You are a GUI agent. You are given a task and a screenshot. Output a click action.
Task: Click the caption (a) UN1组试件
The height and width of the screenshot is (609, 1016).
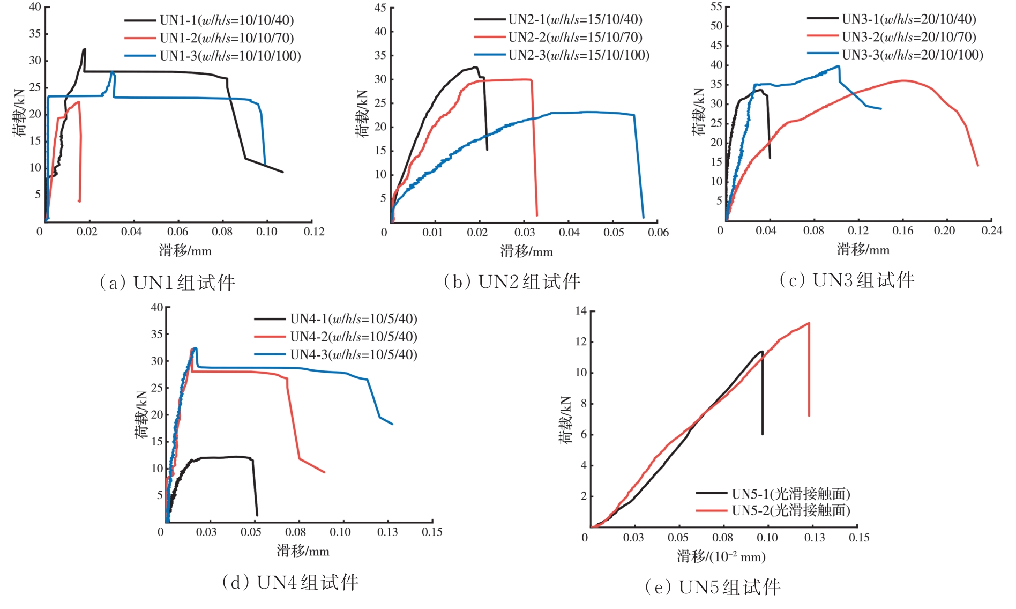click(168, 283)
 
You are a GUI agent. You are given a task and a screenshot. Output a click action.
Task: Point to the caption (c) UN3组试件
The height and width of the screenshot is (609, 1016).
click(847, 280)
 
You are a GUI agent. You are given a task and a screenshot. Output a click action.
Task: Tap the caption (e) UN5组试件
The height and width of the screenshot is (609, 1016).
click(713, 587)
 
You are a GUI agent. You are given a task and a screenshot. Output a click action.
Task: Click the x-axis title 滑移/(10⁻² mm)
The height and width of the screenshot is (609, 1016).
click(721, 556)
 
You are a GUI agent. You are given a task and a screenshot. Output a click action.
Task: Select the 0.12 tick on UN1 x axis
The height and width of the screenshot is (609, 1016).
click(314, 232)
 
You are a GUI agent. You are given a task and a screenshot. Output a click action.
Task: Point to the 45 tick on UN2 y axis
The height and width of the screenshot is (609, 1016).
click(380, 8)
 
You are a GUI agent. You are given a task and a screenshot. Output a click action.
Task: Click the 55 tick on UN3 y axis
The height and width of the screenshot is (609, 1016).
click(716, 6)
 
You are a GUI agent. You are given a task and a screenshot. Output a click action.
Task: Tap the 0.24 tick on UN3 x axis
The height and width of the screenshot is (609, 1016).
click(991, 231)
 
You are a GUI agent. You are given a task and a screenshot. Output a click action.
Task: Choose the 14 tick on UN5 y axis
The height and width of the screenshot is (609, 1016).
click(581, 311)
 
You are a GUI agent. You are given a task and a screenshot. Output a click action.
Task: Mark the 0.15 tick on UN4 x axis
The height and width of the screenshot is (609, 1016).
click(432, 532)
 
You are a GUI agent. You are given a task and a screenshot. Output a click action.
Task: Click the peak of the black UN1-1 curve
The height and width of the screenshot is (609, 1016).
click(84, 49)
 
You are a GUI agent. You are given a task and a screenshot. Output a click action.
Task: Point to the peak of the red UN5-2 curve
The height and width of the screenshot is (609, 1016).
click(808, 323)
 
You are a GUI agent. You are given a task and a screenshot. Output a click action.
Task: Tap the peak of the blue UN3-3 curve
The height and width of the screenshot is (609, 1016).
click(838, 66)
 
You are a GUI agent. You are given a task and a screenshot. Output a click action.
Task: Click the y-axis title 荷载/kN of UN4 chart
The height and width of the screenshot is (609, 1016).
click(141, 414)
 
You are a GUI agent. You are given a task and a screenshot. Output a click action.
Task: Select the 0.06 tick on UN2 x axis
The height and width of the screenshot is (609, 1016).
click(658, 232)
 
